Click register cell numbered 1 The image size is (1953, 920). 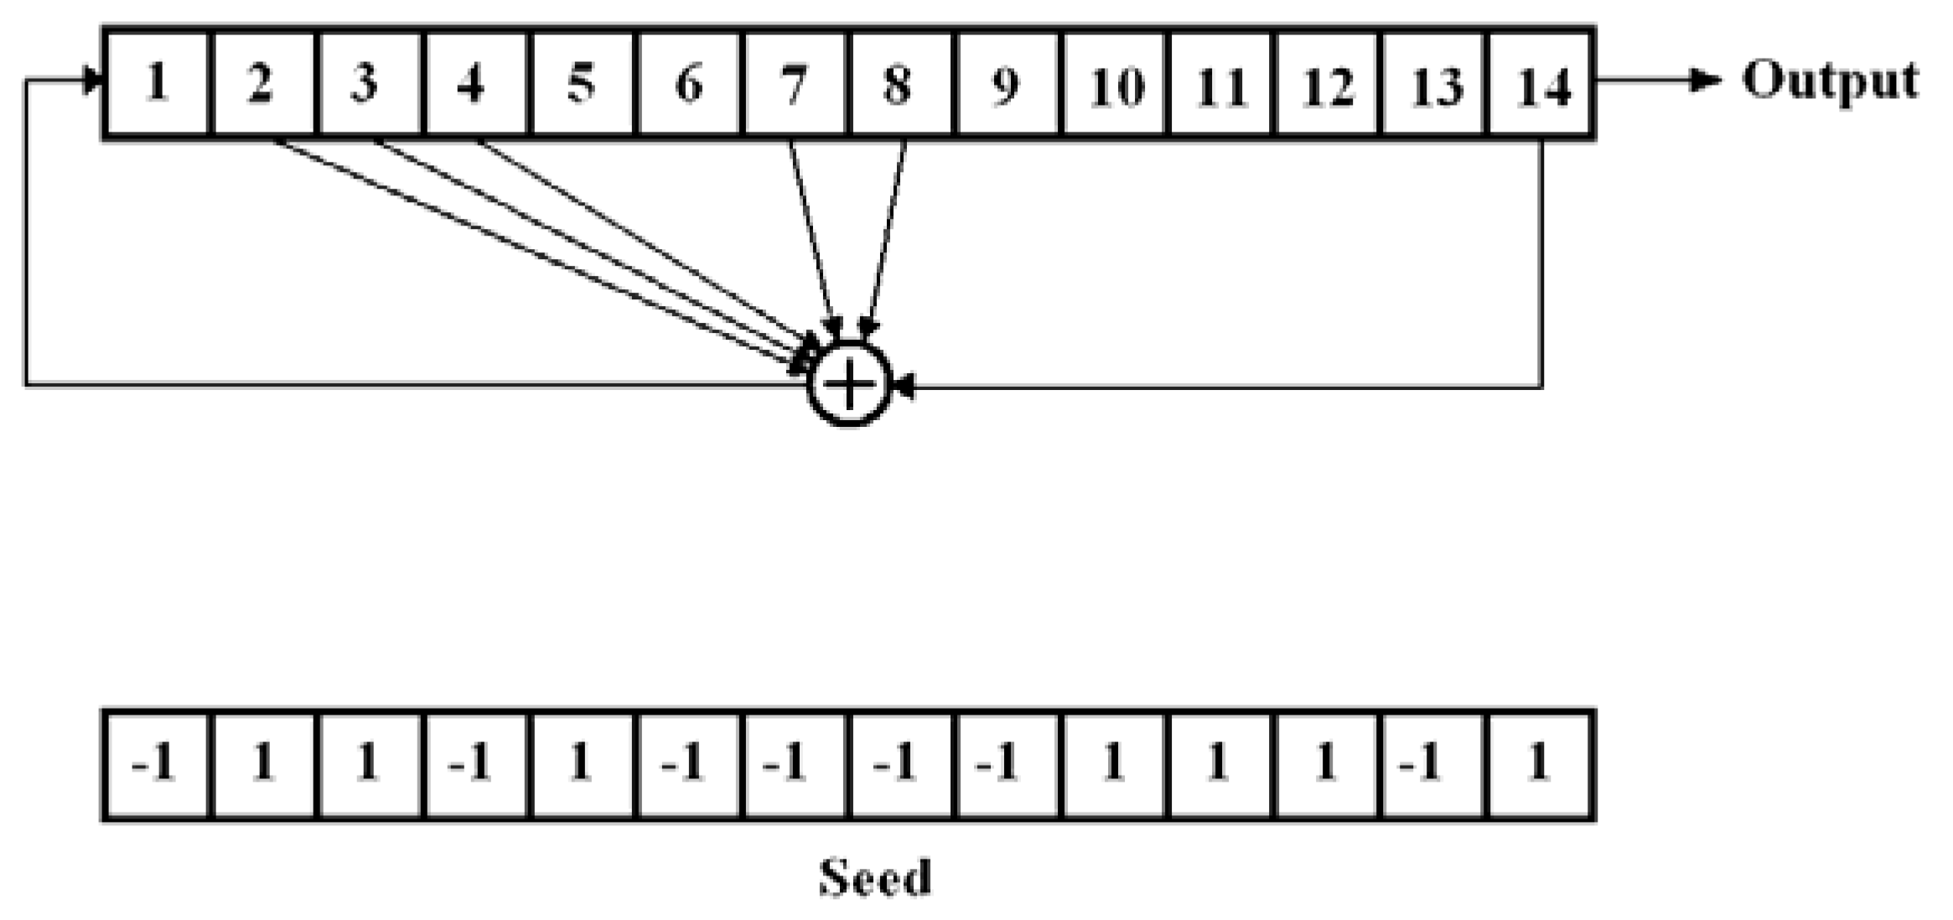coord(156,83)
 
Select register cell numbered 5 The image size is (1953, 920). coord(582,83)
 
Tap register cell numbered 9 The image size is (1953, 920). coord(1007,83)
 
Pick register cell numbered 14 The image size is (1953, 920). coord(1541,83)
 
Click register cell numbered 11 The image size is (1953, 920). coord(1220,83)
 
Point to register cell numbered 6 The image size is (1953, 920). coord(688,83)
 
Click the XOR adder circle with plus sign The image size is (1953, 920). coord(849,385)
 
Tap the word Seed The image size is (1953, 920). coord(874,877)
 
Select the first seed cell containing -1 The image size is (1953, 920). coord(156,764)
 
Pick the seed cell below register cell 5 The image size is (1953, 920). coord(582,764)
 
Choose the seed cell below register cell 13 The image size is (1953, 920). coord(1432,764)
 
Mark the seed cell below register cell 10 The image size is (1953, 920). coord(1114,764)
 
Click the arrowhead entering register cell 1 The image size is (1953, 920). coord(92,81)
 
